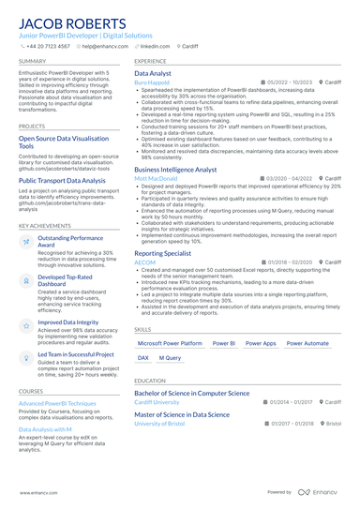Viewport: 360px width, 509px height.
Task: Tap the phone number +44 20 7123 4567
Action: [x=48, y=45]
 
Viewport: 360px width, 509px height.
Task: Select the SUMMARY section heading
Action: [x=32, y=61]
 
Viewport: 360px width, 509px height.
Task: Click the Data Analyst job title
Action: [x=153, y=72]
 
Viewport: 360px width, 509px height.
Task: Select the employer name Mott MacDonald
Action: [x=155, y=178]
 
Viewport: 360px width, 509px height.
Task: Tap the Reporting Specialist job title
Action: [x=164, y=253]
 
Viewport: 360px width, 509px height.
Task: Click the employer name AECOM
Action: [x=145, y=263]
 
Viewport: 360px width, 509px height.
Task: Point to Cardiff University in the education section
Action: [x=157, y=403]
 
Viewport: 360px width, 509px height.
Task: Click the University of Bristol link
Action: [x=159, y=424]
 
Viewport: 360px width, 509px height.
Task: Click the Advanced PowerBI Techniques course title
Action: [x=57, y=403]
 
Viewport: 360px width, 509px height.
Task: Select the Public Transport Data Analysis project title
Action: [x=62, y=180]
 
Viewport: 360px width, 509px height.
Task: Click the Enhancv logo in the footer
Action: [x=320, y=491]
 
